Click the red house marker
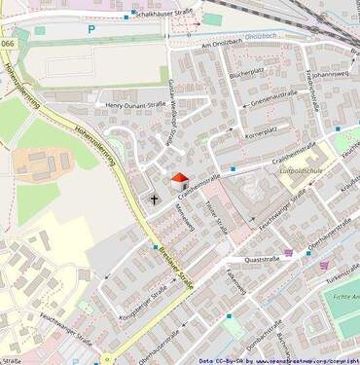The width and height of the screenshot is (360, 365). [x=179, y=181]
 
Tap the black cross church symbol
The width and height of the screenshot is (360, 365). [x=153, y=199]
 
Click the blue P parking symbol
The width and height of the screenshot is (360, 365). [x=92, y=30]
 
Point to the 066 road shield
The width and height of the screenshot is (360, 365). [x=9, y=45]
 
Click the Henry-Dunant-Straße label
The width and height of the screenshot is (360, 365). [x=137, y=103]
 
